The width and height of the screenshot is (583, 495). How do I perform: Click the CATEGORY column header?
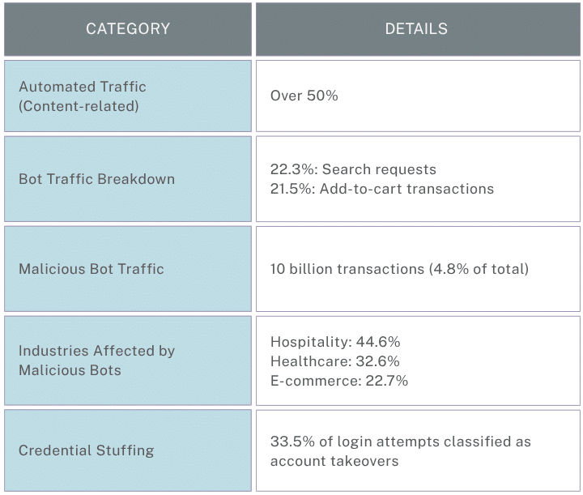pyautogui.click(x=128, y=29)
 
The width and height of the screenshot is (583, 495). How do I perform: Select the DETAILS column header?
pyautogui.click(x=416, y=29)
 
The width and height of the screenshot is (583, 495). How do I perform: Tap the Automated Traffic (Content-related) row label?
pyautogui.click(x=83, y=96)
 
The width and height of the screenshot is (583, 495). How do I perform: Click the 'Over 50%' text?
pyautogui.click(x=304, y=96)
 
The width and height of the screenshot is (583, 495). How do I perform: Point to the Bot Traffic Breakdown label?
pyautogui.click(x=96, y=179)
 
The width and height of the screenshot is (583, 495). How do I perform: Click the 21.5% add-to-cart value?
pyautogui.click(x=290, y=189)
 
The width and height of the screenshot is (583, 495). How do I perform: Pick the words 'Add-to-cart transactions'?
pyautogui.click(x=406, y=189)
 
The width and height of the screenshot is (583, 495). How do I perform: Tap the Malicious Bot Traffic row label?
pyautogui.click(x=91, y=269)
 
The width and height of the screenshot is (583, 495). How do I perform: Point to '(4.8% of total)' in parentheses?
pyautogui.click(x=479, y=269)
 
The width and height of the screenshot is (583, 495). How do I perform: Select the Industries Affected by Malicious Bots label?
pyautogui.click(x=96, y=361)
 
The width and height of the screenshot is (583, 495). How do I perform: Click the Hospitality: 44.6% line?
pyautogui.click(x=335, y=342)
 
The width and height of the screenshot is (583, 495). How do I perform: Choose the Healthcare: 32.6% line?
pyautogui.click(x=335, y=361)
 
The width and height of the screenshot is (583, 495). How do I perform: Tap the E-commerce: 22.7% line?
pyautogui.click(x=338, y=381)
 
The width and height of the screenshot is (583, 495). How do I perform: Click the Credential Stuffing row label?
pyautogui.click(x=86, y=450)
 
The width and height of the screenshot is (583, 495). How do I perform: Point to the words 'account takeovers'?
pyautogui.click(x=334, y=461)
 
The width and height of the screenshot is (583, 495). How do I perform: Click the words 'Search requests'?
pyautogui.click(x=378, y=169)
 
